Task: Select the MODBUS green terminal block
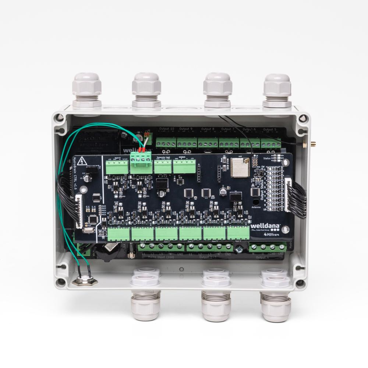pyautogui.click(x=184, y=167)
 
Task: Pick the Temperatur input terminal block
pyautogui.click(x=163, y=167)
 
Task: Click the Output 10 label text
pyautogui.click(x=167, y=129)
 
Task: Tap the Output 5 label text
pyautogui.click(x=270, y=130)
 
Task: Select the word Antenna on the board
pyautogui.click(x=256, y=207)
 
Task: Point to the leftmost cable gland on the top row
pyautogui.click(x=87, y=90)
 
